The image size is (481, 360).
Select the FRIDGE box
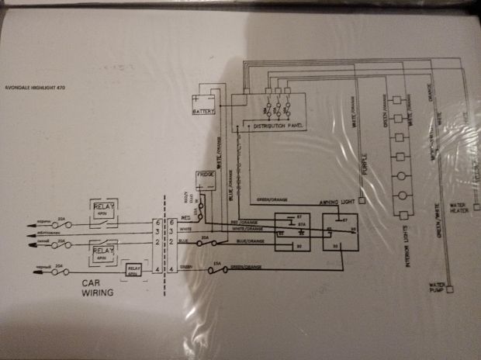206,175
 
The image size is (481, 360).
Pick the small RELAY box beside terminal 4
134,268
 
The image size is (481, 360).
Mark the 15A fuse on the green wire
216,269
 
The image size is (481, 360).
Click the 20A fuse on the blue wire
204,242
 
